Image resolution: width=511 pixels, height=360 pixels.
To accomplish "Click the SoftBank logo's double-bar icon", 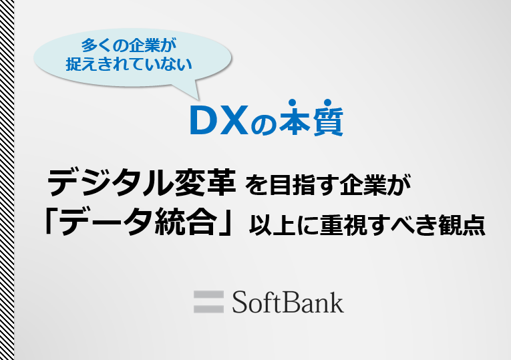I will [208, 302].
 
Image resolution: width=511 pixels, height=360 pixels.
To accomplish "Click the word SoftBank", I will [288, 303].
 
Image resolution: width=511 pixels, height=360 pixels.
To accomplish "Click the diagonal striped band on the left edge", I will [7, 180].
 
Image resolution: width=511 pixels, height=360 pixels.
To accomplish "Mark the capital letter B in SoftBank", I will [287, 303].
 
